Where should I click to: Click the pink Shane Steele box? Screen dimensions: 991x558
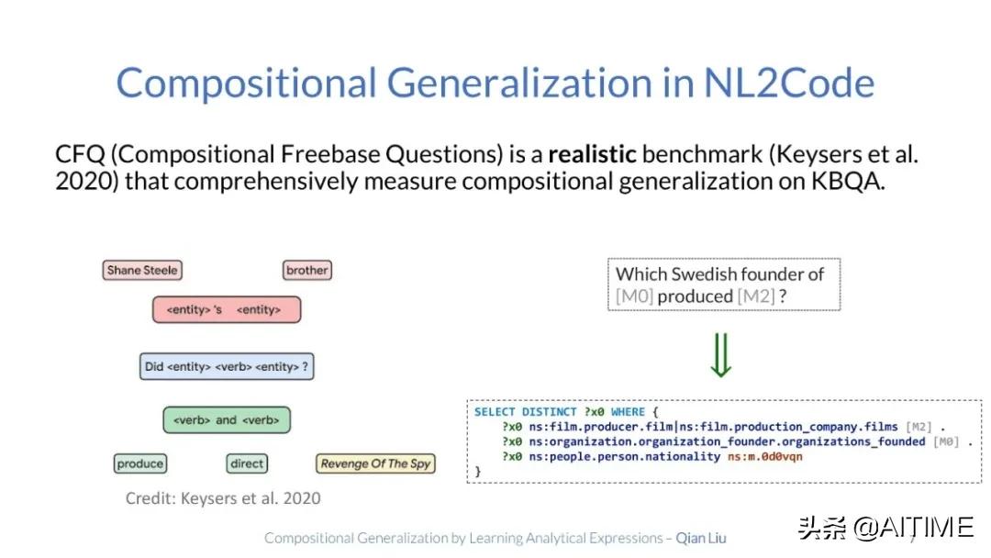142,271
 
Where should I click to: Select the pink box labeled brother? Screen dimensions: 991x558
307,271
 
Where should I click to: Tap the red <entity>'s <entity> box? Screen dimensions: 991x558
227,309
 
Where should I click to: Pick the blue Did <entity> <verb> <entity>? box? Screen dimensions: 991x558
227,366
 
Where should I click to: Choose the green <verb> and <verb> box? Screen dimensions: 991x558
227,420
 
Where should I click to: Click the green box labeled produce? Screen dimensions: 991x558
140,463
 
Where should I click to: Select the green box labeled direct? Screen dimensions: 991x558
247,463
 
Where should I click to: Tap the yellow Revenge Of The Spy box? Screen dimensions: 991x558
375,463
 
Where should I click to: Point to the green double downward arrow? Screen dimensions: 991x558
721,355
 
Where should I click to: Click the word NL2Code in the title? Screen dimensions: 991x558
789,83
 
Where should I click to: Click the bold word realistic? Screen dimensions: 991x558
592,154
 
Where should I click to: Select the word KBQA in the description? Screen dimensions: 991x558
848,182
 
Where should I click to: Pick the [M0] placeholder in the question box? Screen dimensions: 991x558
634,296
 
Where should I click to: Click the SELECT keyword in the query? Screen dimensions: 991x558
495,412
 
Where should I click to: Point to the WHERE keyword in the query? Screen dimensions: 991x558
628,412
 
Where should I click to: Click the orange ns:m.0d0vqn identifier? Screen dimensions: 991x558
764,456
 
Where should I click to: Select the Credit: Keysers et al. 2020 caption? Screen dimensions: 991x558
223,498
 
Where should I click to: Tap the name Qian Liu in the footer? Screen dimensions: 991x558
701,538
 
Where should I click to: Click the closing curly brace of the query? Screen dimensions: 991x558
478,472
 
